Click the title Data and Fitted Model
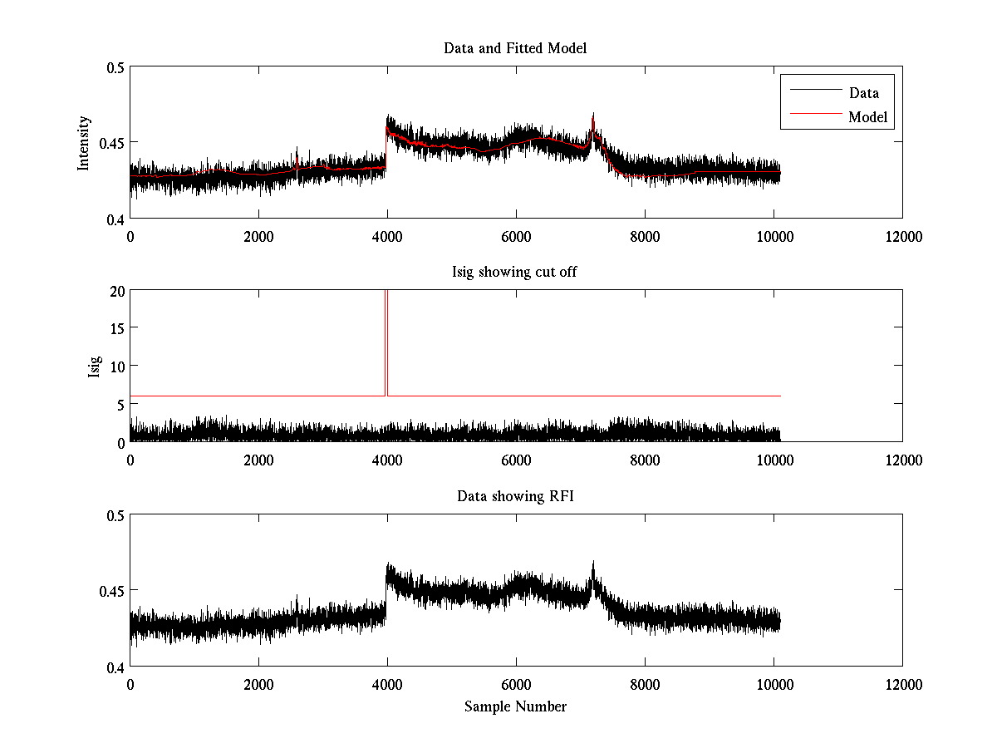(x=515, y=48)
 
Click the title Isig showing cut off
(x=515, y=273)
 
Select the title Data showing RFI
(x=515, y=496)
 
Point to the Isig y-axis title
(x=94, y=367)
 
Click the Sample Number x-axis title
(x=515, y=706)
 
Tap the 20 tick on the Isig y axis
(x=115, y=291)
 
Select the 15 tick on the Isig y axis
(x=115, y=328)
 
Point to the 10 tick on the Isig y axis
(x=115, y=367)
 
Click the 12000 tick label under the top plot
(x=902, y=237)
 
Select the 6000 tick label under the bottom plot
(x=516, y=685)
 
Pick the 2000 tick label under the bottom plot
(x=258, y=685)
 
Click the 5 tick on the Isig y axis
(x=119, y=405)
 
